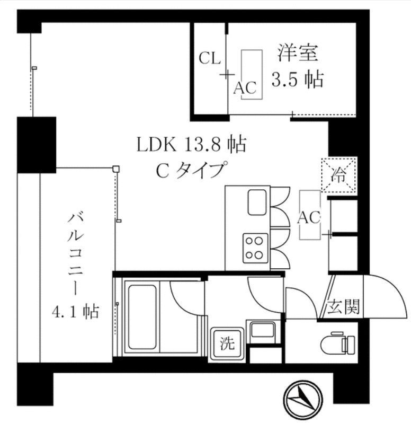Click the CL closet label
click(210, 59)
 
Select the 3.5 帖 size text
click(298, 80)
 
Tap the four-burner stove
click(255, 248)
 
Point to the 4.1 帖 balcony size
click(75, 312)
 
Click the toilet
click(339, 342)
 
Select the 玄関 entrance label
click(343, 307)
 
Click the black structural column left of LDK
click(37, 145)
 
